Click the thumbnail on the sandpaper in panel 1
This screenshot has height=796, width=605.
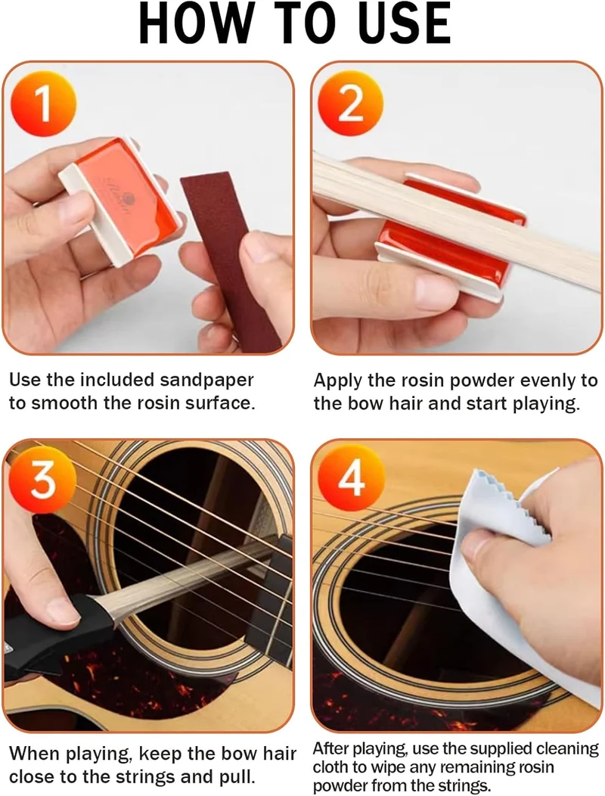[261, 250]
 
